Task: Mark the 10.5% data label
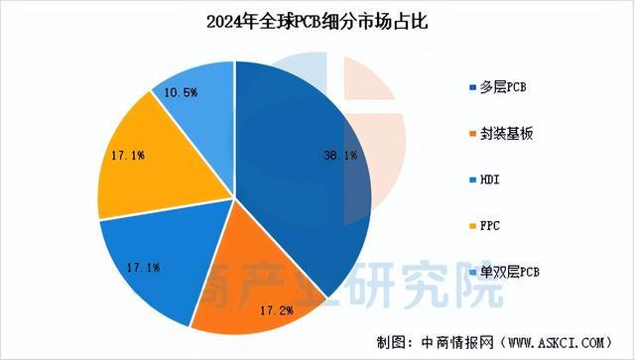point(182,92)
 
